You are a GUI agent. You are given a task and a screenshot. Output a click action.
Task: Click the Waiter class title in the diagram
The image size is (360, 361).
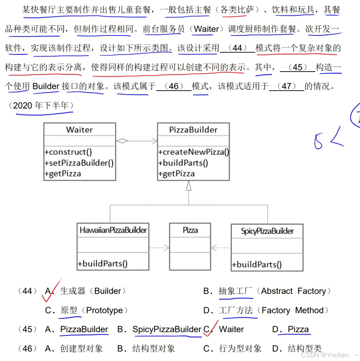point(79,130)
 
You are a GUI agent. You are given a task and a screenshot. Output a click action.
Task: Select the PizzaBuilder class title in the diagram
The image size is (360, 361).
point(193,130)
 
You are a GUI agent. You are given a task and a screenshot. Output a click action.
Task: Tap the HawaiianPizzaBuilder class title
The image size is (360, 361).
point(113,230)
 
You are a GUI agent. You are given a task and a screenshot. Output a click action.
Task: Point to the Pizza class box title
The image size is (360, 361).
point(190,230)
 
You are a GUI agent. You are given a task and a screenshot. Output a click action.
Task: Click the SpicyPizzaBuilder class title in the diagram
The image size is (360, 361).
point(267,231)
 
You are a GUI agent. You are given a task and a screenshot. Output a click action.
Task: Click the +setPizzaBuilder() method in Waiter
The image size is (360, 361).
point(79,163)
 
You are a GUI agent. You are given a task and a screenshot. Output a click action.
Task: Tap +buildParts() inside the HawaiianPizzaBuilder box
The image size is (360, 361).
point(103,263)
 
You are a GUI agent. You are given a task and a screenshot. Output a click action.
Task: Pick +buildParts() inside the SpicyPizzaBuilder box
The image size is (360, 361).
point(257,265)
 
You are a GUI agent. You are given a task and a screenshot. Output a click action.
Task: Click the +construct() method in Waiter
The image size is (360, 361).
point(68,152)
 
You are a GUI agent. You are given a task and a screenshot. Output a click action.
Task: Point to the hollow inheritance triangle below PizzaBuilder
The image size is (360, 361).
point(188,186)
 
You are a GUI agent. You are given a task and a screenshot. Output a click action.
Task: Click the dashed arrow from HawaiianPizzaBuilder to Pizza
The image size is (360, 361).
point(159,247)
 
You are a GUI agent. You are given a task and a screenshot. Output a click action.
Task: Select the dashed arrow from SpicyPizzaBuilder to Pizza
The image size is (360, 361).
point(220,247)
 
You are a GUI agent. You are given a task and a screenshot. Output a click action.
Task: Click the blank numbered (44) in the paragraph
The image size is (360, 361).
point(237,48)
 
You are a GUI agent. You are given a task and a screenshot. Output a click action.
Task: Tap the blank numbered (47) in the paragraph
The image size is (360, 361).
point(286,86)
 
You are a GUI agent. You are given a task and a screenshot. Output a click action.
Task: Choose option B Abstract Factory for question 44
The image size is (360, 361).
point(267,291)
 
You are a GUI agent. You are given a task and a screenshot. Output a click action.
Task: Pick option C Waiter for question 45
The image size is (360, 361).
point(227,329)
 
